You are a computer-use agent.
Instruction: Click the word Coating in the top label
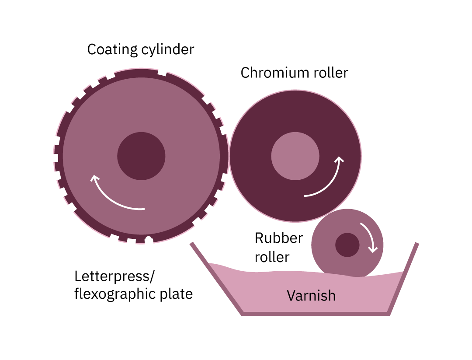[112, 49]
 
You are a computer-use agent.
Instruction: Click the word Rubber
[279, 238]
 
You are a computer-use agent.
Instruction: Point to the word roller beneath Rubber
[272, 257]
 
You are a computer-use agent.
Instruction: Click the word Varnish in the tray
[311, 296]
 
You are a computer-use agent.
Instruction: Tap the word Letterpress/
[115, 277]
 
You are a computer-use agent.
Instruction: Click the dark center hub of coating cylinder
[141, 156]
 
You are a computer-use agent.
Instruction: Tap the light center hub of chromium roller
[295, 156]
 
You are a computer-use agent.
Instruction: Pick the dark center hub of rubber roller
[347, 245]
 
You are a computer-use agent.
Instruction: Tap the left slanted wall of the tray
[216, 278]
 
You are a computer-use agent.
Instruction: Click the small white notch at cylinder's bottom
[149, 238]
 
